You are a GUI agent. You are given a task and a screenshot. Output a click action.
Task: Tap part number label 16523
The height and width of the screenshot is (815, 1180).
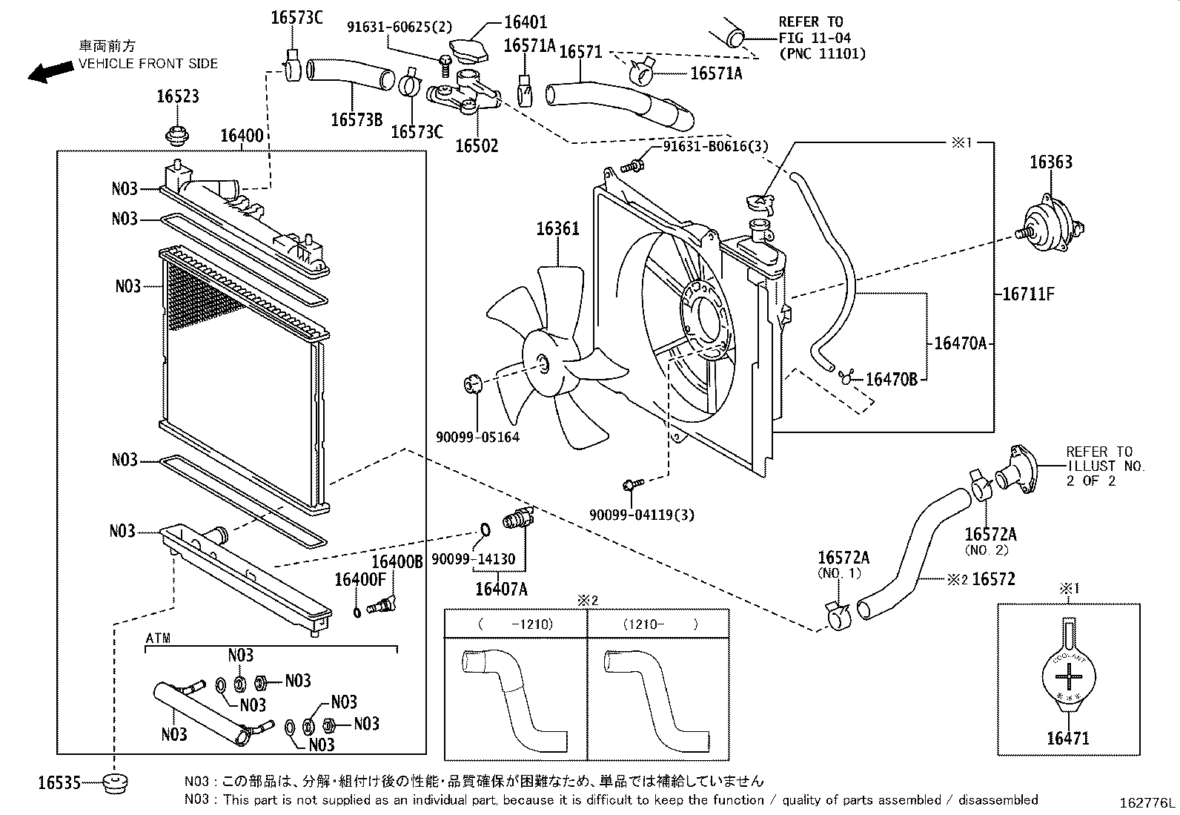pos(178,97)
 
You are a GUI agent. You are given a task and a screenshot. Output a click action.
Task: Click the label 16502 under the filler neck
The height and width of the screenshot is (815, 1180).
pos(476,145)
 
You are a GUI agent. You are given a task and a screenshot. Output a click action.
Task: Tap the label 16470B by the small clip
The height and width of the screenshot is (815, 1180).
pos(892,380)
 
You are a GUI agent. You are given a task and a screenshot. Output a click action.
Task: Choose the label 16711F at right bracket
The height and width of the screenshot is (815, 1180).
pos(1027,294)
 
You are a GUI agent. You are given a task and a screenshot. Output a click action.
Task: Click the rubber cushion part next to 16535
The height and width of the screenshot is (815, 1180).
pos(115,782)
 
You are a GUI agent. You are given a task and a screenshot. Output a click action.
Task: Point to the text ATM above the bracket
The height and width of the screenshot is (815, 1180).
pos(157,639)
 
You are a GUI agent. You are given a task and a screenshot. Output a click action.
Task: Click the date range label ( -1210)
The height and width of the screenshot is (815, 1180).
pos(516,624)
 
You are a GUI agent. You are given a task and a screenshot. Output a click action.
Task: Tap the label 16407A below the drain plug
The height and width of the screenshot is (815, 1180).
pos(501,590)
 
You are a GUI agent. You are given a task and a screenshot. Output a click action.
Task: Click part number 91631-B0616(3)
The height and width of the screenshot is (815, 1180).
pos(715,147)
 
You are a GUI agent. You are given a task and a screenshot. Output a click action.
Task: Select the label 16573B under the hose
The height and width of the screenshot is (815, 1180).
pos(357,120)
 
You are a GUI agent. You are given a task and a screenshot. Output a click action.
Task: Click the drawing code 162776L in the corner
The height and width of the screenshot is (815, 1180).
pos(1147,804)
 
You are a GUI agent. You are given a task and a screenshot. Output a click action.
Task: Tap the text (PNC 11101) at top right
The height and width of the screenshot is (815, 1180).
pos(822,53)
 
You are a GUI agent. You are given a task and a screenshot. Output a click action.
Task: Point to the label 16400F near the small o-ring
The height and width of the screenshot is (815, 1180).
pos(360,579)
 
